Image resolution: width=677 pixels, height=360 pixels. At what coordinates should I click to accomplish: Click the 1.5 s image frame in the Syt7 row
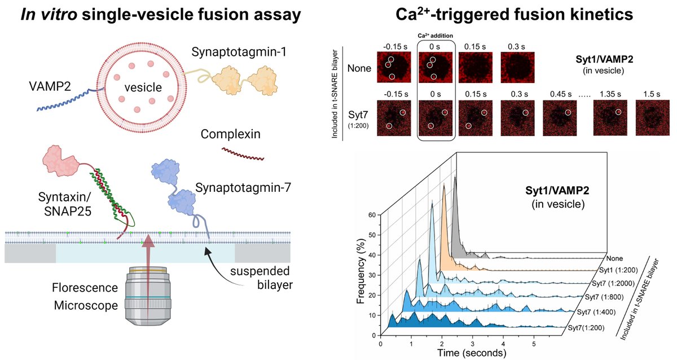[650, 119]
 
